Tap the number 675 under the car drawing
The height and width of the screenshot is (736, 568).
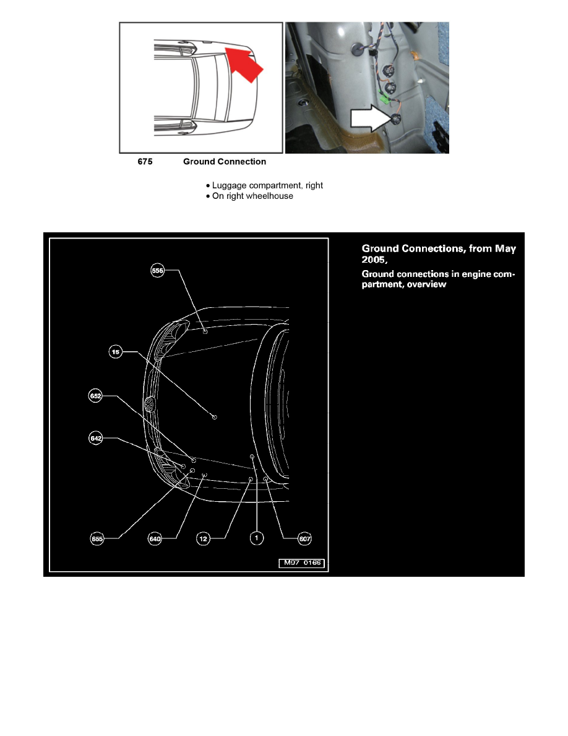coord(144,162)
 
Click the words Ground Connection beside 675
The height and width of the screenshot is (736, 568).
coord(225,162)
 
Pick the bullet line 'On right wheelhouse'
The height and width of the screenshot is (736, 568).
coord(252,196)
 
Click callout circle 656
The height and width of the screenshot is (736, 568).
coord(158,270)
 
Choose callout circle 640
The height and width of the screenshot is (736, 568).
coord(155,539)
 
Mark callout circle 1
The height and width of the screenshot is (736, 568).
coord(256,538)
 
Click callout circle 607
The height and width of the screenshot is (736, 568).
coord(304,539)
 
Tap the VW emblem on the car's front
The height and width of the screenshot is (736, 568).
coord(149,406)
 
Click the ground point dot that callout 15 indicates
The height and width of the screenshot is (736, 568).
coord(215,417)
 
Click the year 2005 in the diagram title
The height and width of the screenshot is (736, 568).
coord(374,260)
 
